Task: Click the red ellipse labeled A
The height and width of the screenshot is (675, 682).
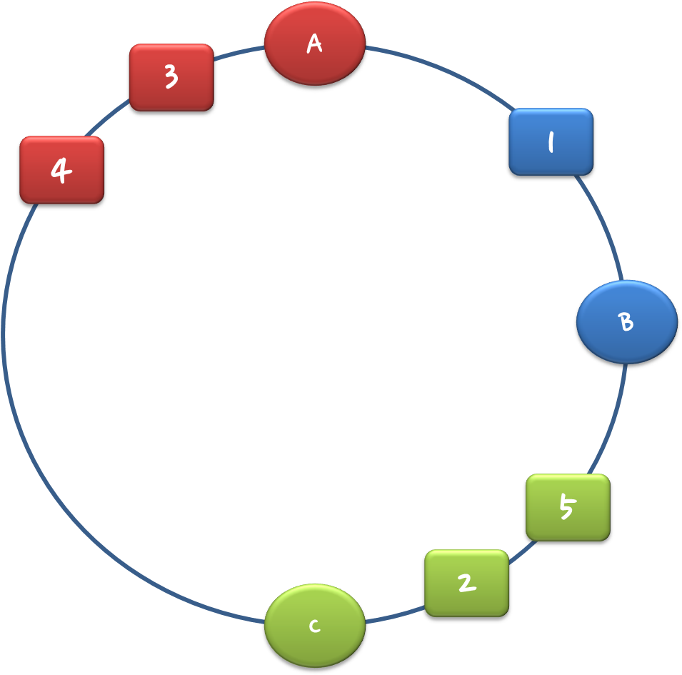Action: tap(314, 43)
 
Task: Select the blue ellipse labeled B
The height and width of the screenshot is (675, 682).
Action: tap(626, 321)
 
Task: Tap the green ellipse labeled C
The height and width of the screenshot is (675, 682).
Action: tap(314, 625)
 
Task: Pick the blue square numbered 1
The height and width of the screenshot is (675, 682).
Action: tap(551, 141)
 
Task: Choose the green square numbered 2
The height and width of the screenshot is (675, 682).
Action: tap(466, 583)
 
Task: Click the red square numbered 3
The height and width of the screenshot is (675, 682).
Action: tap(171, 77)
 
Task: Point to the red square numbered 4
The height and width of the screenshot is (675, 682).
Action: tap(61, 170)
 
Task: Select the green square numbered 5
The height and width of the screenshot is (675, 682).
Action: tap(568, 507)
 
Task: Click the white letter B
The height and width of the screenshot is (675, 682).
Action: tap(626, 322)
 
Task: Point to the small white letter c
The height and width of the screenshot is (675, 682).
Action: tap(314, 626)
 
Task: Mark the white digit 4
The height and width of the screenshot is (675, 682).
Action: tap(61, 171)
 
